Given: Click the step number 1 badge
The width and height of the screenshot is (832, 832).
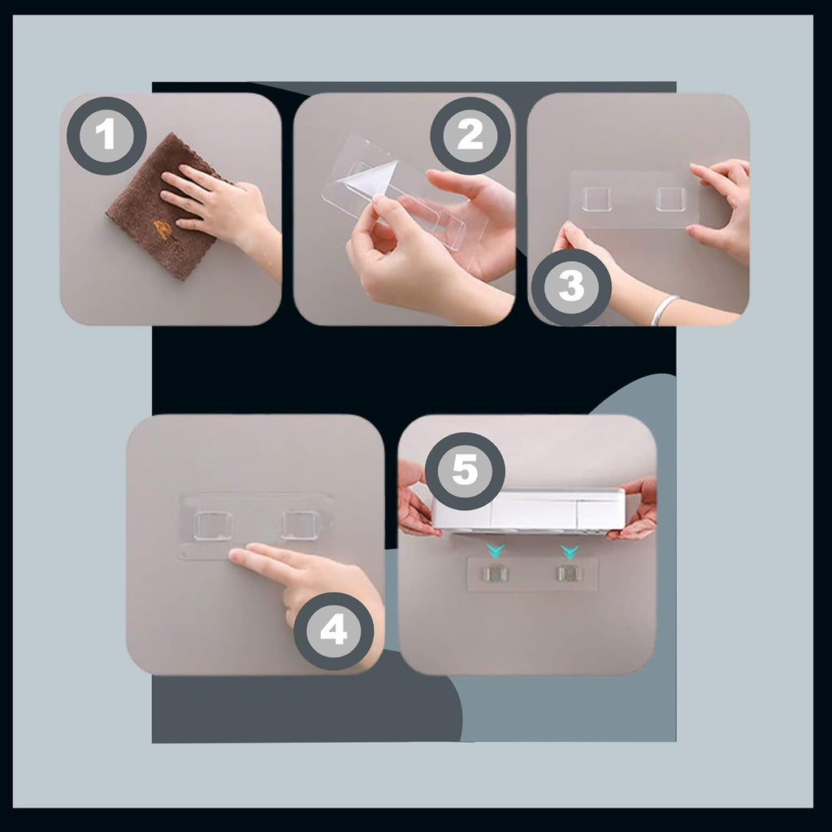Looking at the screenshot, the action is click(x=106, y=136).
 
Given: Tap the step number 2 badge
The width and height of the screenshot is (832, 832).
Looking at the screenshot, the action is click(x=470, y=136).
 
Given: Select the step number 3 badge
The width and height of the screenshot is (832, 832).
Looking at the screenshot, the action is click(x=571, y=287).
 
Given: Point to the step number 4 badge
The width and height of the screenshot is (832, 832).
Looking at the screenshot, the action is click(x=334, y=630).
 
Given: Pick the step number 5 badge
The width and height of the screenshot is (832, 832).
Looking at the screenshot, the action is click(x=465, y=471).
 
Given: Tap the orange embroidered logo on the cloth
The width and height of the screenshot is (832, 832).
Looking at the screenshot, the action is click(x=162, y=230).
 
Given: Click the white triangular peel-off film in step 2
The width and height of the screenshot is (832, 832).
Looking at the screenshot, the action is click(x=374, y=178).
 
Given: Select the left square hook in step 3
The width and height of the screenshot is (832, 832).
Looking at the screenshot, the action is click(x=596, y=199).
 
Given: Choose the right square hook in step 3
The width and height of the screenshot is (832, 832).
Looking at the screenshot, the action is click(x=670, y=198).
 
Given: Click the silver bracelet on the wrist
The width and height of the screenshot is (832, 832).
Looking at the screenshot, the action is click(x=664, y=310).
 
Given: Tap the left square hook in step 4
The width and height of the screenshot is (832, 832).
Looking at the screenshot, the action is click(x=213, y=526).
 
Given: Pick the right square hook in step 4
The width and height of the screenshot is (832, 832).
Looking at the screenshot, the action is click(x=301, y=525).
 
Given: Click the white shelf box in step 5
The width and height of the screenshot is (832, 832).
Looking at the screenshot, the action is click(x=529, y=510).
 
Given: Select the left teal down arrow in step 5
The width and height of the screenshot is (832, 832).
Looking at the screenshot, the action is click(x=495, y=552).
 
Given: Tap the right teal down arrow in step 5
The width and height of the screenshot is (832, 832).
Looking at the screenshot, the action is click(x=570, y=552).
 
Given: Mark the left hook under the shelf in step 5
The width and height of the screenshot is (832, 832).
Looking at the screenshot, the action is click(x=495, y=574).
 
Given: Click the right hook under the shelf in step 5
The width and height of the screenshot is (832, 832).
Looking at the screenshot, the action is click(x=570, y=573).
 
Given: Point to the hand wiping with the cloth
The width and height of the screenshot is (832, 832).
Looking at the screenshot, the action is click(x=218, y=207).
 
